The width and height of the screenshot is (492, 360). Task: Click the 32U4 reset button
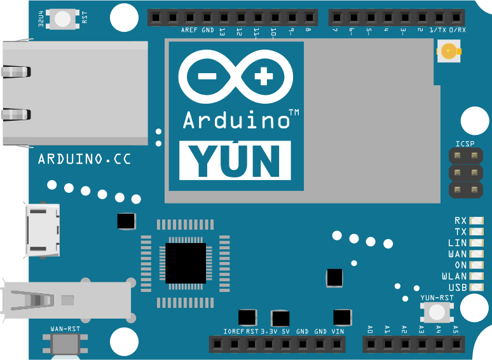point(63,18)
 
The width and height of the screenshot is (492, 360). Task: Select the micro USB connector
point(43,231)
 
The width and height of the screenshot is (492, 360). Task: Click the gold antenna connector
point(450,51)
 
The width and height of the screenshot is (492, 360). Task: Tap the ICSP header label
point(465,144)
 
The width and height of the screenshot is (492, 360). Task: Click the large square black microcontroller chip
point(186,263)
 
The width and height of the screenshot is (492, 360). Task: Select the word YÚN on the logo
point(235,160)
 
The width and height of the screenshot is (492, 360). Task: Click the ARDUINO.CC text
point(85,159)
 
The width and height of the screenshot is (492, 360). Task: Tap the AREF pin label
point(189,31)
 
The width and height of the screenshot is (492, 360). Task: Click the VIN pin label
point(338,331)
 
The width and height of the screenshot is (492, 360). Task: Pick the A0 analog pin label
point(370,329)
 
